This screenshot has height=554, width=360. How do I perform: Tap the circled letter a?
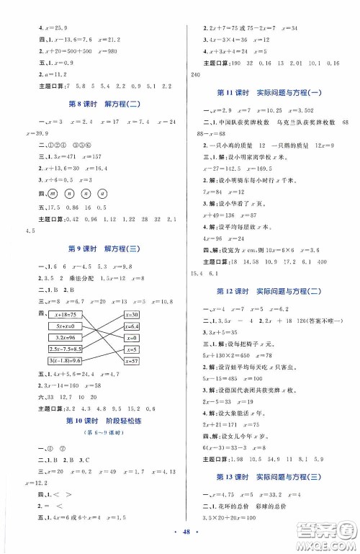tap(105, 213)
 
